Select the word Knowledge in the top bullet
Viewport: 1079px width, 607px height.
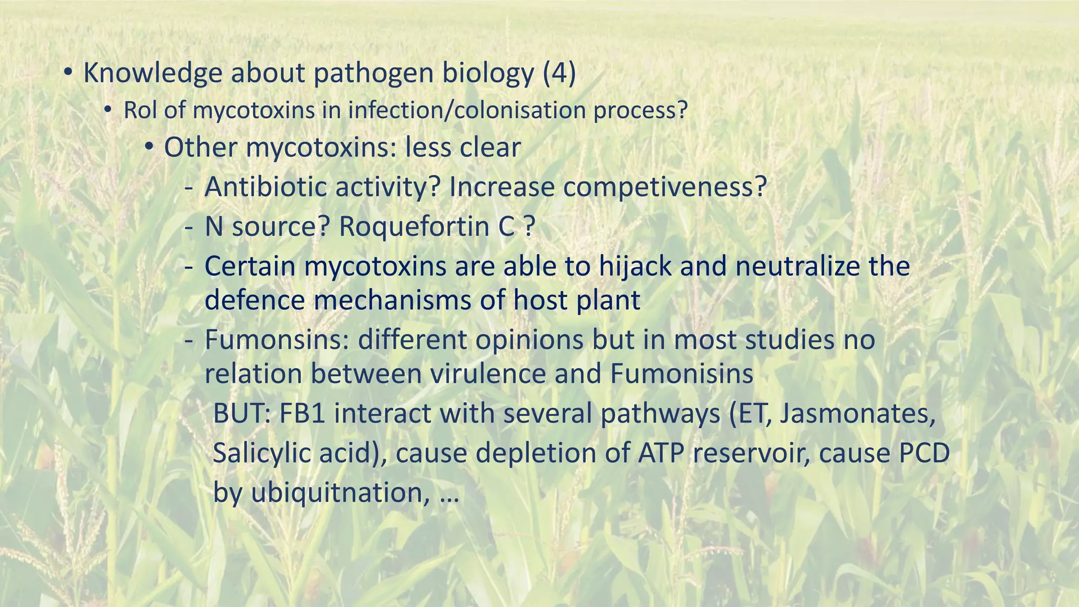[152, 73]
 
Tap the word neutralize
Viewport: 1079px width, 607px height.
[797, 266]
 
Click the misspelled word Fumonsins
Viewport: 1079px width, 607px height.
[277, 340]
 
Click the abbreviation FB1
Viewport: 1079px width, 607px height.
[302, 414]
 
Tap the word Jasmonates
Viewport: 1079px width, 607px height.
[857, 414]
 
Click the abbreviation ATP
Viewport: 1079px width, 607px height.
[660, 453]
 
